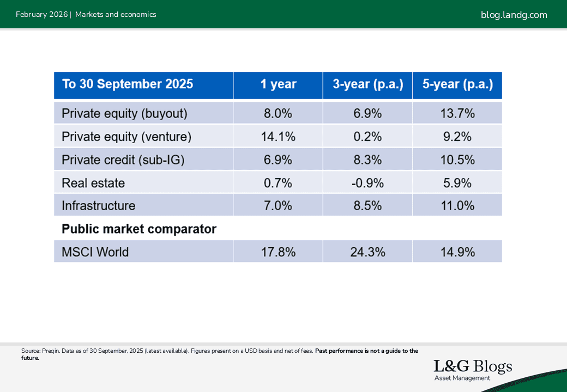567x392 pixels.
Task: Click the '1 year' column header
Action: tap(278, 84)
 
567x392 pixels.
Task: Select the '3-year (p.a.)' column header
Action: tap(368, 84)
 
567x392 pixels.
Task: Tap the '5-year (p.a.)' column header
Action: tap(457, 84)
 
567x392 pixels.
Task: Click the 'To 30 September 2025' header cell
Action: tap(128, 84)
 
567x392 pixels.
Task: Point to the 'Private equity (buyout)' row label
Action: tap(124, 113)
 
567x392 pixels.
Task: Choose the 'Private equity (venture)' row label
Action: tap(126, 137)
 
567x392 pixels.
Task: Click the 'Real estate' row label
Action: tap(93, 183)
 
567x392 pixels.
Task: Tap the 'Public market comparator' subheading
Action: tap(139, 229)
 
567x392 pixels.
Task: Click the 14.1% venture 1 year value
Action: tap(278, 137)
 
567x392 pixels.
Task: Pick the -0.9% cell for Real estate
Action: tap(368, 183)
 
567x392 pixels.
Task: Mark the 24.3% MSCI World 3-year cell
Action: tap(368, 252)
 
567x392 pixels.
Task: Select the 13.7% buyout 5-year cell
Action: tap(457, 113)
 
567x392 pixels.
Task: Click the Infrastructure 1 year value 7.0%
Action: tap(278, 206)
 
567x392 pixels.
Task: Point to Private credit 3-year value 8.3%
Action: tap(368, 160)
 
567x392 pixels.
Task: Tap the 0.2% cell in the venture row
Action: tap(368, 137)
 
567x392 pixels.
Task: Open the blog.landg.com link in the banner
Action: tap(514, 15)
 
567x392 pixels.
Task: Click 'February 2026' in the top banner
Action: tap(41, 15)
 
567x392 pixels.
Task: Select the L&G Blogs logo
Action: tap(473, 369)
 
